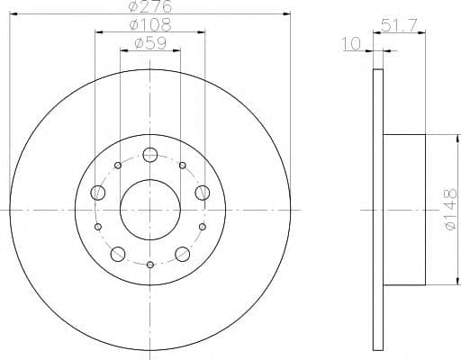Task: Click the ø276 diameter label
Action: click(150, 6)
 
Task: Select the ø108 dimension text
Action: click(150, 25)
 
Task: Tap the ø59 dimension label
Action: click(150, 43)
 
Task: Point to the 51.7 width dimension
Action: click(399, 25)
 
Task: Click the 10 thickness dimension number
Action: click(351, 44)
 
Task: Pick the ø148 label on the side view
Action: click(451, 210)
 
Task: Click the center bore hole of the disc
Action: click(150, 210)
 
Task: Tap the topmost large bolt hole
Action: click(150, 155)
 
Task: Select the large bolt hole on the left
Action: click(98, 193)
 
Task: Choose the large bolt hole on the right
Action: click(203, 193)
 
